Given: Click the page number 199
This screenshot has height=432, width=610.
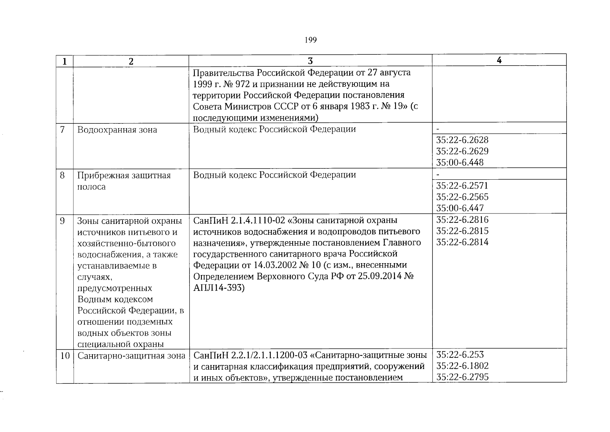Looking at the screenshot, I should (x=310, y=40).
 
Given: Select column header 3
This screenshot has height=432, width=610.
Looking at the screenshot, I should (x=310, y=61).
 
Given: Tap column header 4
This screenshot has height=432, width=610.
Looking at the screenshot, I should (x=499, y=60).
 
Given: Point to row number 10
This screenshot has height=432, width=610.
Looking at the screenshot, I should (x=65, y=356).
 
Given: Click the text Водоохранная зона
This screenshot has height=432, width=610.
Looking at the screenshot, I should (x=117, y=130).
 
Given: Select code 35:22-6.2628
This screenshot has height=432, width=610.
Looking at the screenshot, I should (x=462, y=140).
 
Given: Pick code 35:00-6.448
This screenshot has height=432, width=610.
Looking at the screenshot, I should (x=460, y=162).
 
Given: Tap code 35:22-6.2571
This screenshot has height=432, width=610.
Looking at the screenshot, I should (x=462, y=185).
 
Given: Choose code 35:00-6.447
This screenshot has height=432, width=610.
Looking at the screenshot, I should (x=460, y=208).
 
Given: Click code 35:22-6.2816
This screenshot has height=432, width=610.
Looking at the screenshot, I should (x=462, y=220).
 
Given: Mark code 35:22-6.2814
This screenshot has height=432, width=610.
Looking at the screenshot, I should (x=462, y=242).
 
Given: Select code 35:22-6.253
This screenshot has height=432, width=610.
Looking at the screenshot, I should (x=460, y=355).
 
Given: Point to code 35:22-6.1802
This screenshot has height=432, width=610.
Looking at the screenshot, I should (x=462, y=366).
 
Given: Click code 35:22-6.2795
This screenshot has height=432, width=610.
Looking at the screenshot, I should (x=462, y=377).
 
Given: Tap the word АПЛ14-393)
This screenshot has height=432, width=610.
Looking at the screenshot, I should (x=219, y=288).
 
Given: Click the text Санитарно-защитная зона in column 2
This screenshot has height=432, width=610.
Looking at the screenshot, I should (x=131, y=356).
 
